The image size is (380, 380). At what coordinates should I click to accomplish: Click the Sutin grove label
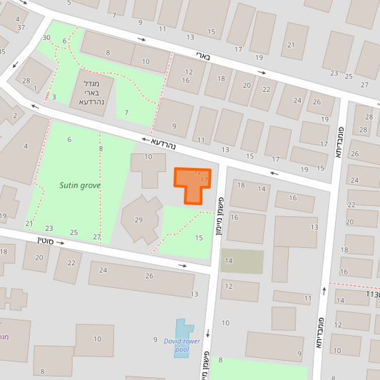[80, 185]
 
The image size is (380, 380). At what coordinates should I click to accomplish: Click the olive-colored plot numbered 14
[242, 261]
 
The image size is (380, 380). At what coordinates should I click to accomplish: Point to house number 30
[46, 37]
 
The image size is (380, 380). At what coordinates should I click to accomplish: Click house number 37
[21, 28]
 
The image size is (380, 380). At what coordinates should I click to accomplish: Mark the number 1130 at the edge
[372, 294]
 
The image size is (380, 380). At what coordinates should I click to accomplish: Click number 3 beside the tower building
[53, 96]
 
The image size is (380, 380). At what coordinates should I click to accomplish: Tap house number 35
[3, 51]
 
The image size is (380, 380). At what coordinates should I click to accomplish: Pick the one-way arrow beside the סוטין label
[60, 243]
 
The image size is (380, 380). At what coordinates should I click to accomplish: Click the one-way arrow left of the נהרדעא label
[146, 140]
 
